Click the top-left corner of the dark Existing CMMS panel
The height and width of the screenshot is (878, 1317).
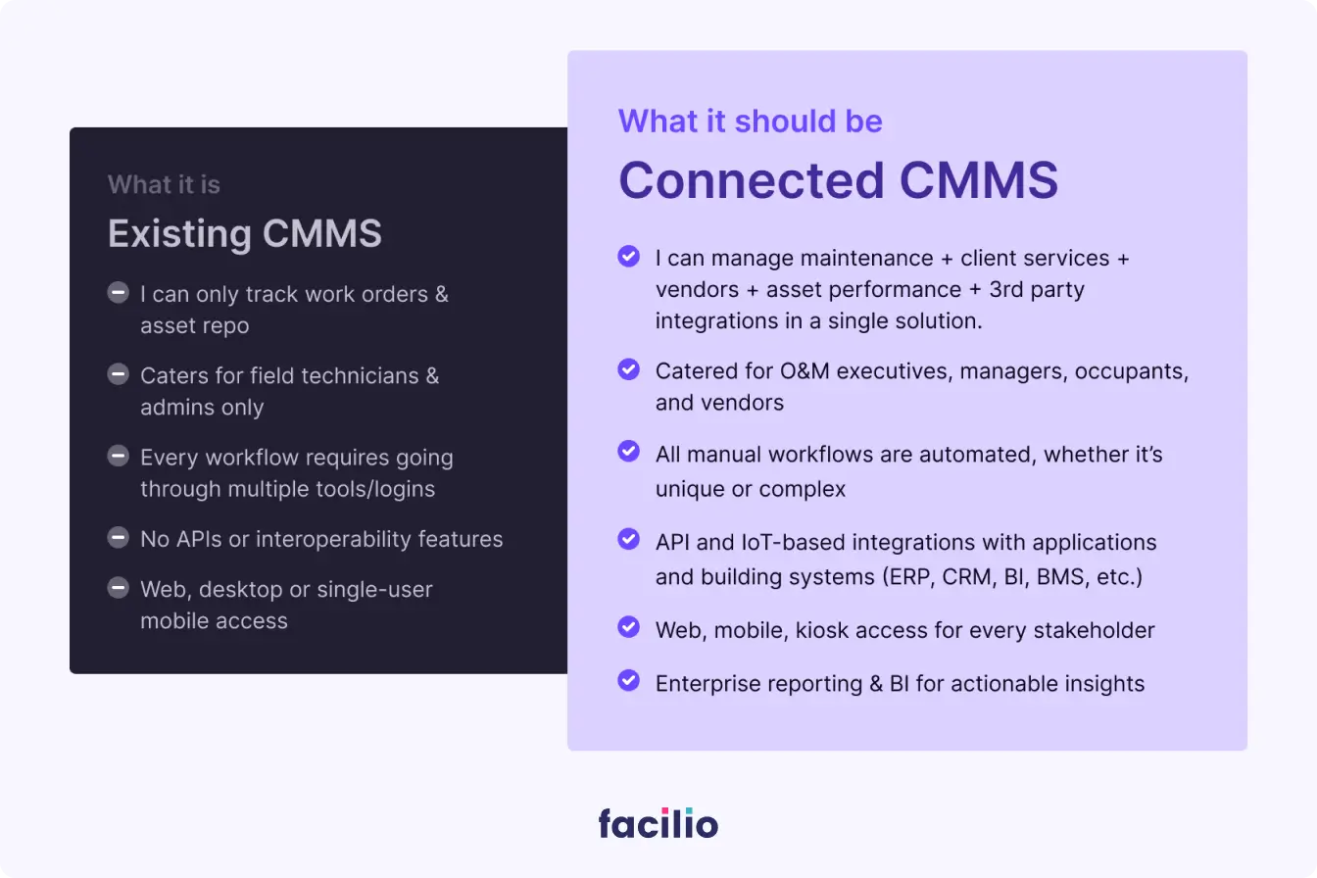pyautogui.click(x=70, y=127)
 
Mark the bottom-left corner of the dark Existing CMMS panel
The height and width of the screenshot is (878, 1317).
pyautogui.click(x=70, y=673)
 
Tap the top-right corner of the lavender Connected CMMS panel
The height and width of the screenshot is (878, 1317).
pyautogui.click(x=1247, y=51)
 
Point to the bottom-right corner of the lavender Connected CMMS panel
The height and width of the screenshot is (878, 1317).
pyautogui.click(x=1247, y=751)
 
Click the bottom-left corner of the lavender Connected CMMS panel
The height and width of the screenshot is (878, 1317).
pyautogui.click(x=567, y=751)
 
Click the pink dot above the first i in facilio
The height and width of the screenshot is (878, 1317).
pyautogui.click(x=665, y=811)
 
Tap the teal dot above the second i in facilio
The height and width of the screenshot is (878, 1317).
pyautogui.click(x=689, y=811)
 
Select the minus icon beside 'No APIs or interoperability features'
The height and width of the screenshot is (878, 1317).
pyautogui.click(x=119, y=538)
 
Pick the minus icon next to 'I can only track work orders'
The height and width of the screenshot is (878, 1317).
pyautogui.click(x=119, y=292)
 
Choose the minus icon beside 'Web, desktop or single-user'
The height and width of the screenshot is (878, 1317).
pyautogui.click(x=119, y=588)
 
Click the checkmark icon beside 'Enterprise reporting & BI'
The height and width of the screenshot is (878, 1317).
pyautogui.click(x=628, y=680)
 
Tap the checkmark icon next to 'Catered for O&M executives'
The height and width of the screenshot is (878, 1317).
pyautogui.click(x=628, y=369)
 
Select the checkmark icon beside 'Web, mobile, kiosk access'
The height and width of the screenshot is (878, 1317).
pyautogui.click(x=628, y=627)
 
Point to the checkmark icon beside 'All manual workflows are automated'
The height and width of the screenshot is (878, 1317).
pyautogui.click(x=628, y=451)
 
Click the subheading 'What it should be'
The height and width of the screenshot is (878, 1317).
pyautogui.click(x=751, y=122)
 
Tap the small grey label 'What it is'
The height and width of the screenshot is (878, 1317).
pyautogui.click(x=164, y=184)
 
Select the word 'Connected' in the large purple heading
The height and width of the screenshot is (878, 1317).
pyautogui.click(x=752, y=180)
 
